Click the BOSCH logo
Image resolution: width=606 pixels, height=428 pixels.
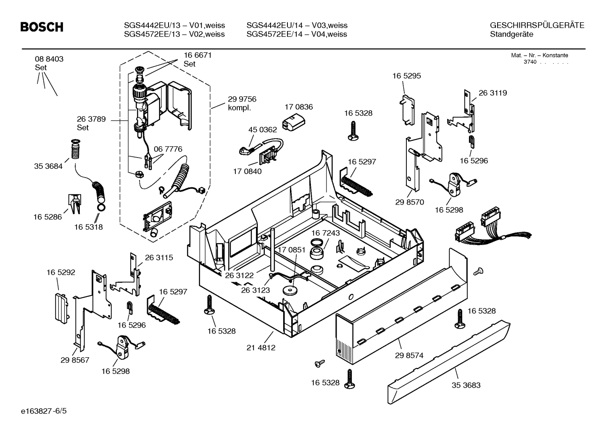click(42, 27)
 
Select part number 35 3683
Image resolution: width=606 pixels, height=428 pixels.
click(466, 385)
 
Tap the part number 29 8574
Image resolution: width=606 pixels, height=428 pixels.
click(409, 355)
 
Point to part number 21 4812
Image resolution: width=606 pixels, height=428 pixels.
click(261, 347)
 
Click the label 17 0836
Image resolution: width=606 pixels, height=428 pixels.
click(298, 107)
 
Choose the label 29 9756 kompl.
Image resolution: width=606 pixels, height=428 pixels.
click(242, 103)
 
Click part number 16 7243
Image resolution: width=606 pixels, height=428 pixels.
click(325, 233)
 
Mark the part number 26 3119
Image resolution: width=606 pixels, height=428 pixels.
click(493, 93)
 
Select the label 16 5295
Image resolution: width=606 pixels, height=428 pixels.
click(406, 76)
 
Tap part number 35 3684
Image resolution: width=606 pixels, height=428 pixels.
click(48, 166)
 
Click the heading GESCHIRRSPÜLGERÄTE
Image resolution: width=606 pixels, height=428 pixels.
click(537, 25)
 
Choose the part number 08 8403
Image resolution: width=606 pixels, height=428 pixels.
click(49, 59)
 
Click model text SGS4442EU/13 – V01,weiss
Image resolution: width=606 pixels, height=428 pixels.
click(174, 25)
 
